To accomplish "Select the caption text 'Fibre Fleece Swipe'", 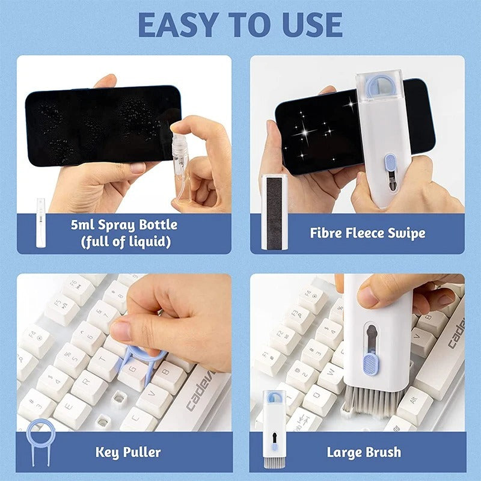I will point(367,233).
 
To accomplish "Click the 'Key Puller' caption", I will point(128,452).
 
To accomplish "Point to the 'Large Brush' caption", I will point(364,452).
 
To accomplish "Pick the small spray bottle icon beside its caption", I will point(40,222).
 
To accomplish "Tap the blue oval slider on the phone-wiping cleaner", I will point(390,163).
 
